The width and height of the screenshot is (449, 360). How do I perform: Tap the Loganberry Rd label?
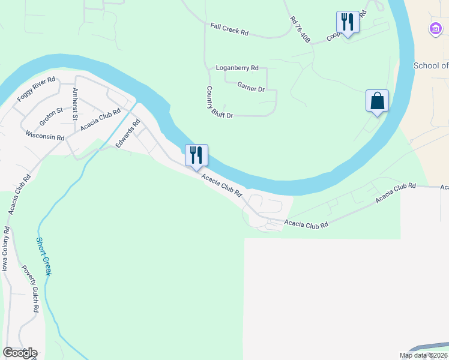[x=238, y=68]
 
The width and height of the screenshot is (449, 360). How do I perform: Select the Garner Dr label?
[x=251, y=88]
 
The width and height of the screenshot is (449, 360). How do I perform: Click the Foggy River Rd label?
[x=37, y=89]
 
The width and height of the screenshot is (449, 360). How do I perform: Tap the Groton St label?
[x=52, y=116]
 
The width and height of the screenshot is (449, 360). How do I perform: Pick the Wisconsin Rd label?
[x=45, y=137]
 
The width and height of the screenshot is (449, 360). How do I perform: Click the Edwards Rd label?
[x=128, y=134]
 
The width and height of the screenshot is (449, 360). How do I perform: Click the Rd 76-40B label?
[x=300, y=28]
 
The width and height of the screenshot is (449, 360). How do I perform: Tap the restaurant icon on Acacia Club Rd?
[x=196, y=155]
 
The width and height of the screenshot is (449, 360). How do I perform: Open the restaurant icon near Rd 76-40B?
[x=348, y=22]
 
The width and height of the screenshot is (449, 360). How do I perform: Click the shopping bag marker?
[x=378, y=101]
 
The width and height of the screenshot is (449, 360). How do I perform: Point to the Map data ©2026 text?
[x=423, y=355]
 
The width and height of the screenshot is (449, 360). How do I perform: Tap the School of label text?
[x=431, y=65]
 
